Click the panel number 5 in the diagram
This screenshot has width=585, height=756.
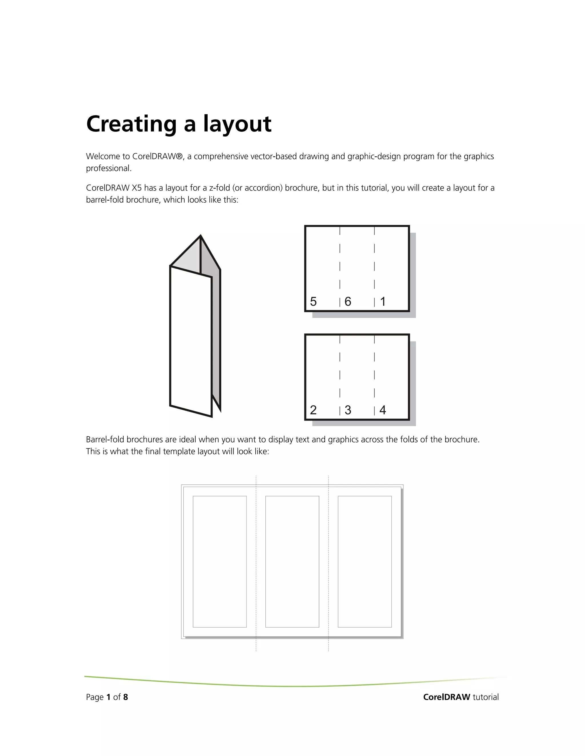[313, 302]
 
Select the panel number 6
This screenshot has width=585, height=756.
[348, 302]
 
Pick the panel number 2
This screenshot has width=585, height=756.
[313, 410]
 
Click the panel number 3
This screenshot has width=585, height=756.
[348, 410]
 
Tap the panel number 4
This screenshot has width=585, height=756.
[382, 410]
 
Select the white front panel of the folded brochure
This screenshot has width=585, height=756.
[191, 341]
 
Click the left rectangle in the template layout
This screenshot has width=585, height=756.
[220, 561]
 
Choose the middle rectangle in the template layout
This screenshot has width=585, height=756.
[292, 561]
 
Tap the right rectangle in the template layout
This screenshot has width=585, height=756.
[364, 561]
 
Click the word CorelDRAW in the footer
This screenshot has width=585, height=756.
[447, 697]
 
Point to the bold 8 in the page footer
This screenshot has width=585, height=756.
[125, 697]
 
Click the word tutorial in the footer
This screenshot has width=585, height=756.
[486, 697]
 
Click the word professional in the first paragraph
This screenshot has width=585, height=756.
[109, 169]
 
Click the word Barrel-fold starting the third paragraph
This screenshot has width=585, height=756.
[105, 440]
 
